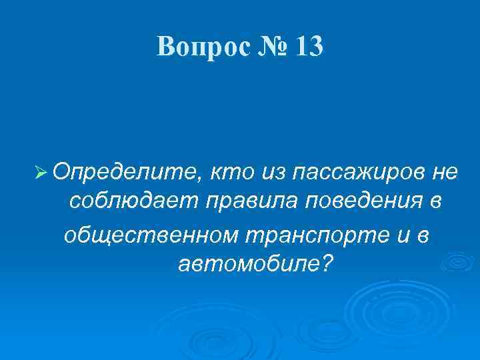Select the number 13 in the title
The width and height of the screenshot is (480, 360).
307,46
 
